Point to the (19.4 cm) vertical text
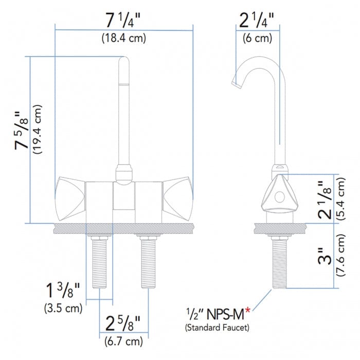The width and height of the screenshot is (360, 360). click(37, 130)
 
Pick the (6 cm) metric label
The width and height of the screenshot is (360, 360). click(257, 38)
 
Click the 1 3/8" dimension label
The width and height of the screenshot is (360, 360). click(62, 292)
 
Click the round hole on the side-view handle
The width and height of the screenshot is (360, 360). click(279, 197)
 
